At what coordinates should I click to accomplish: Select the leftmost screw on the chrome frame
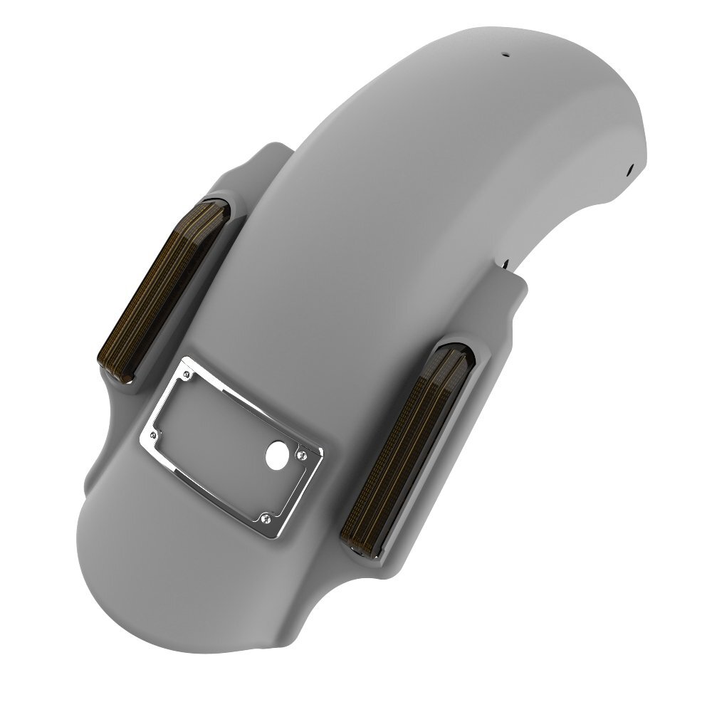click(x=153, y=431)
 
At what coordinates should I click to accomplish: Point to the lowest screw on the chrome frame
click(x=265, y=515)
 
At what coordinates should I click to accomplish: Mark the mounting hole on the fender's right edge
click(x=631, y=169)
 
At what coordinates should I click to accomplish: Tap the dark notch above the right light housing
click(x=506, y=264)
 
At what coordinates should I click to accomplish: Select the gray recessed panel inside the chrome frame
click(x=228, y=434)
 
